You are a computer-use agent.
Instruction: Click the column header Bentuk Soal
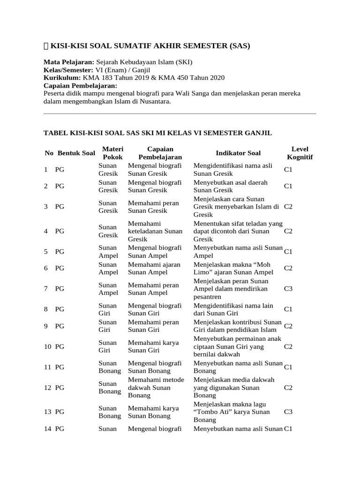76,153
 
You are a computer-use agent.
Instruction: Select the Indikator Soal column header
238,153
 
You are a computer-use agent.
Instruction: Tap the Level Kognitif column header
300,153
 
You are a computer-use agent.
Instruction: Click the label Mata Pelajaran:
69,62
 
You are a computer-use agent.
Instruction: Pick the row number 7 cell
46,289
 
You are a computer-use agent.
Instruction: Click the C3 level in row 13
288,412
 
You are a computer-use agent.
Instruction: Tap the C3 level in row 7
288,289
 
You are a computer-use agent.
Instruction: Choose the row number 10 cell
47,347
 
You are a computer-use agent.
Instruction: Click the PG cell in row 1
60,170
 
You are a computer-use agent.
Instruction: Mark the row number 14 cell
47,428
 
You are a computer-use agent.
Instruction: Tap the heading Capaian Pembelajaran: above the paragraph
80,86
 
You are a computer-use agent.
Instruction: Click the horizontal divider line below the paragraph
180,113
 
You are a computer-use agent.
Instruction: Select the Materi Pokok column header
112,153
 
